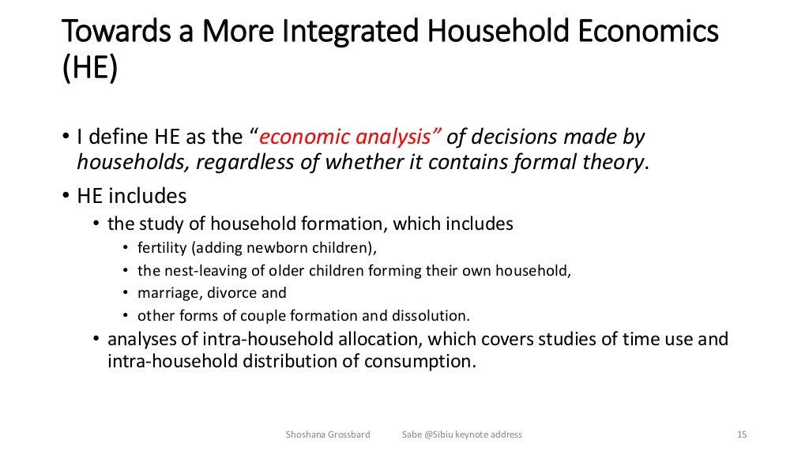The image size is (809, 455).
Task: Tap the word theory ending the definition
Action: [614, 162]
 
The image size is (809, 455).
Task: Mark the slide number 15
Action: [741, 434]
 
